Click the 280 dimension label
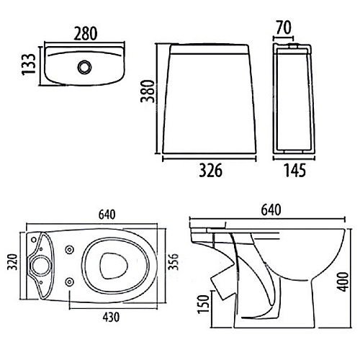pyautogui.click(x=86, y=33)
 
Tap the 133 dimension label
pyautogui.click(x=29, y=64)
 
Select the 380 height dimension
pyautogui.click(x=148, y=91)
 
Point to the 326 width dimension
pyautogui.click(x=210, y=170)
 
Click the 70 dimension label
pyautogui.click(x=284, y=27)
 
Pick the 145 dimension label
pyautogui.click(x=295, y=170)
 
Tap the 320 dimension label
pyautogui.click(x=12, y=262)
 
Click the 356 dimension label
pyautogui.click(x=174, y=261)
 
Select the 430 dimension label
pyautogui.click(x=111, y=317)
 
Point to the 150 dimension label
pyautogui.click(x=203, y=305)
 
